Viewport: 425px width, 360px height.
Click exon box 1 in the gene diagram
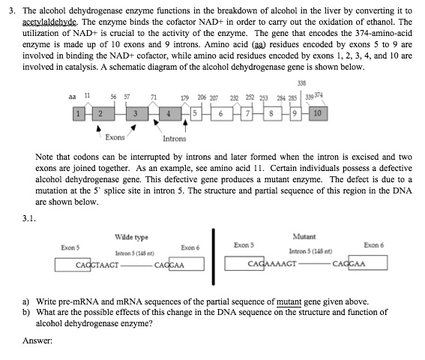[x=76, y=115]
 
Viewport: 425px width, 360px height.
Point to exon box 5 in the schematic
[x=194, y=115]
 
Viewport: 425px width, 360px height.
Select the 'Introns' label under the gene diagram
[x=175, y=139]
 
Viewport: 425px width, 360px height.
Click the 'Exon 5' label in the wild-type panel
[x=71, y=247]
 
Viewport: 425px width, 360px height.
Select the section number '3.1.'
[x=29, y=218]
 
